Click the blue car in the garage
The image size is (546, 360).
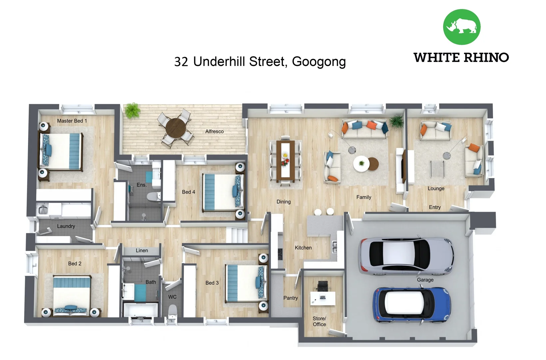point(412,305)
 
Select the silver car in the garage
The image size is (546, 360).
point(406,256)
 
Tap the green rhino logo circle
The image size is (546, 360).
point(461,27)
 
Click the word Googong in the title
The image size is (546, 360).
point(319,62)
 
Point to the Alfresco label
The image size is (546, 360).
point(214,131)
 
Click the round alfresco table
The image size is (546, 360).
point(176,128)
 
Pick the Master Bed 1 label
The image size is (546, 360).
point(72,121)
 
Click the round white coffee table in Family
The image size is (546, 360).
point(361,163)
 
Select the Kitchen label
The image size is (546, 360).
point(303,248)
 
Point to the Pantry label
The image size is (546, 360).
point(290,298)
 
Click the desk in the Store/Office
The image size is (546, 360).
point(322,298)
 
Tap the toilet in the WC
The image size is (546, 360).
point(172,312)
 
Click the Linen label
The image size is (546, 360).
point(142,250)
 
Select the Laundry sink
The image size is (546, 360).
point(43,210)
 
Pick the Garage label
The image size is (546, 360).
point(425,280)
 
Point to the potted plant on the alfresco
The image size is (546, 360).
point(132,110)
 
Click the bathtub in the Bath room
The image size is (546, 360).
point(140,309)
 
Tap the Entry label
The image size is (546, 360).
point(435,207)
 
